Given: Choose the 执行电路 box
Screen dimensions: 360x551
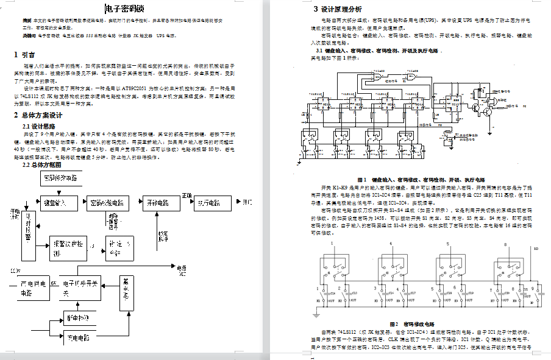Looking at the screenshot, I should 212,203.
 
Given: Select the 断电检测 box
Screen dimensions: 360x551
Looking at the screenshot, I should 80,317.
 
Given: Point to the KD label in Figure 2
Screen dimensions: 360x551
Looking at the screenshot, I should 536,249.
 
